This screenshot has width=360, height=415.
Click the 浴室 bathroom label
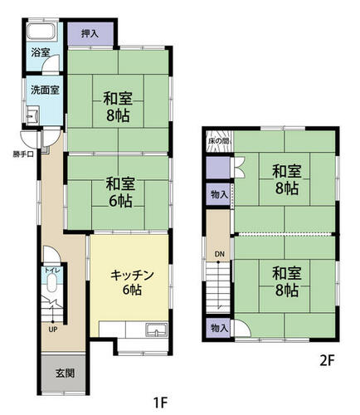[41, 52]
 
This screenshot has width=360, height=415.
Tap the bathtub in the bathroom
[41, 32]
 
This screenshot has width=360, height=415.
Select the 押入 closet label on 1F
[90, 33]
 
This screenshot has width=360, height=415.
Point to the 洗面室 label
[45, 90]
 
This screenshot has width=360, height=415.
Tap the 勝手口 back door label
[23, 154]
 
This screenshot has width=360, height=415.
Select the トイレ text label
[52, 271]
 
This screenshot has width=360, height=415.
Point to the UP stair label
[52, 330]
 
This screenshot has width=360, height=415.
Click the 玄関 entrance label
[65, 373]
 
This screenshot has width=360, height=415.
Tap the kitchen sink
[157, 330]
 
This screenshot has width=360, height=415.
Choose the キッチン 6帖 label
[132, 282]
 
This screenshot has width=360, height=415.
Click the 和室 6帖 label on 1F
[120, 193]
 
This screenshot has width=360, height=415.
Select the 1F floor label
[161, 403]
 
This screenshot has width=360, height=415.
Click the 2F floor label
[327, 361]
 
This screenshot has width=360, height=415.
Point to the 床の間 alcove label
[219, 141]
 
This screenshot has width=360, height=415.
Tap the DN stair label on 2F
[220, 254]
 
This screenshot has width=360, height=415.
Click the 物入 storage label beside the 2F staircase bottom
[219, 329]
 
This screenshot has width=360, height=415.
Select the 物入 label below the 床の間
[219, 194]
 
